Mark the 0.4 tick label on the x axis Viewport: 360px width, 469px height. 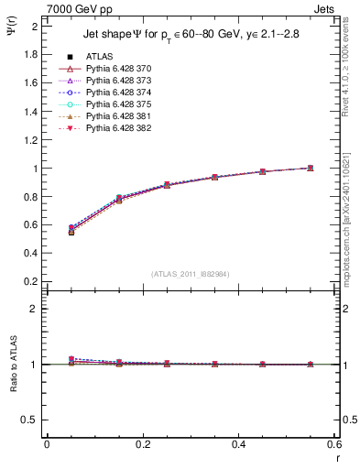click(x=239, y=443)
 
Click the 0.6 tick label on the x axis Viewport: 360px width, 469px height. click(x=334, y=443)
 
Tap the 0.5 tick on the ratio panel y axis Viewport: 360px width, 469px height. click(x=31, y=420)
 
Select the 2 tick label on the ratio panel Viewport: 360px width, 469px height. click(x=34, y=309)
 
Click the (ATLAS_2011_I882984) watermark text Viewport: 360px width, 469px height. click(x=191, y=273)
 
